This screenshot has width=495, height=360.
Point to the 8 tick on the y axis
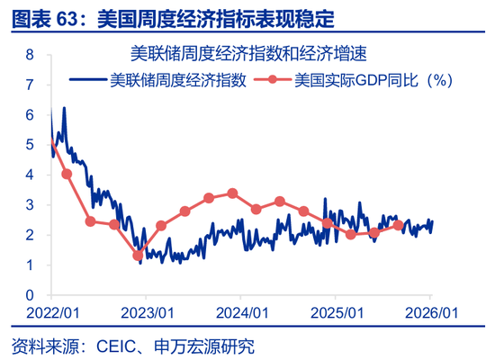click(30, 54)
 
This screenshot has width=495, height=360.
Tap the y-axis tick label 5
click(30, 144)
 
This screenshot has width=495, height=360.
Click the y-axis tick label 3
click(30, 204)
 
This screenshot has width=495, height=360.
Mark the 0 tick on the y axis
click(30, 295)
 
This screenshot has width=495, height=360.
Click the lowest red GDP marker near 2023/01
click(138, 256)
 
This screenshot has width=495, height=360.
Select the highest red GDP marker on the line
click(232, 193)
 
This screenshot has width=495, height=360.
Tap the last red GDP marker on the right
click(398, 225)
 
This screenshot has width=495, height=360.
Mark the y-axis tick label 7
click(30, 85)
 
